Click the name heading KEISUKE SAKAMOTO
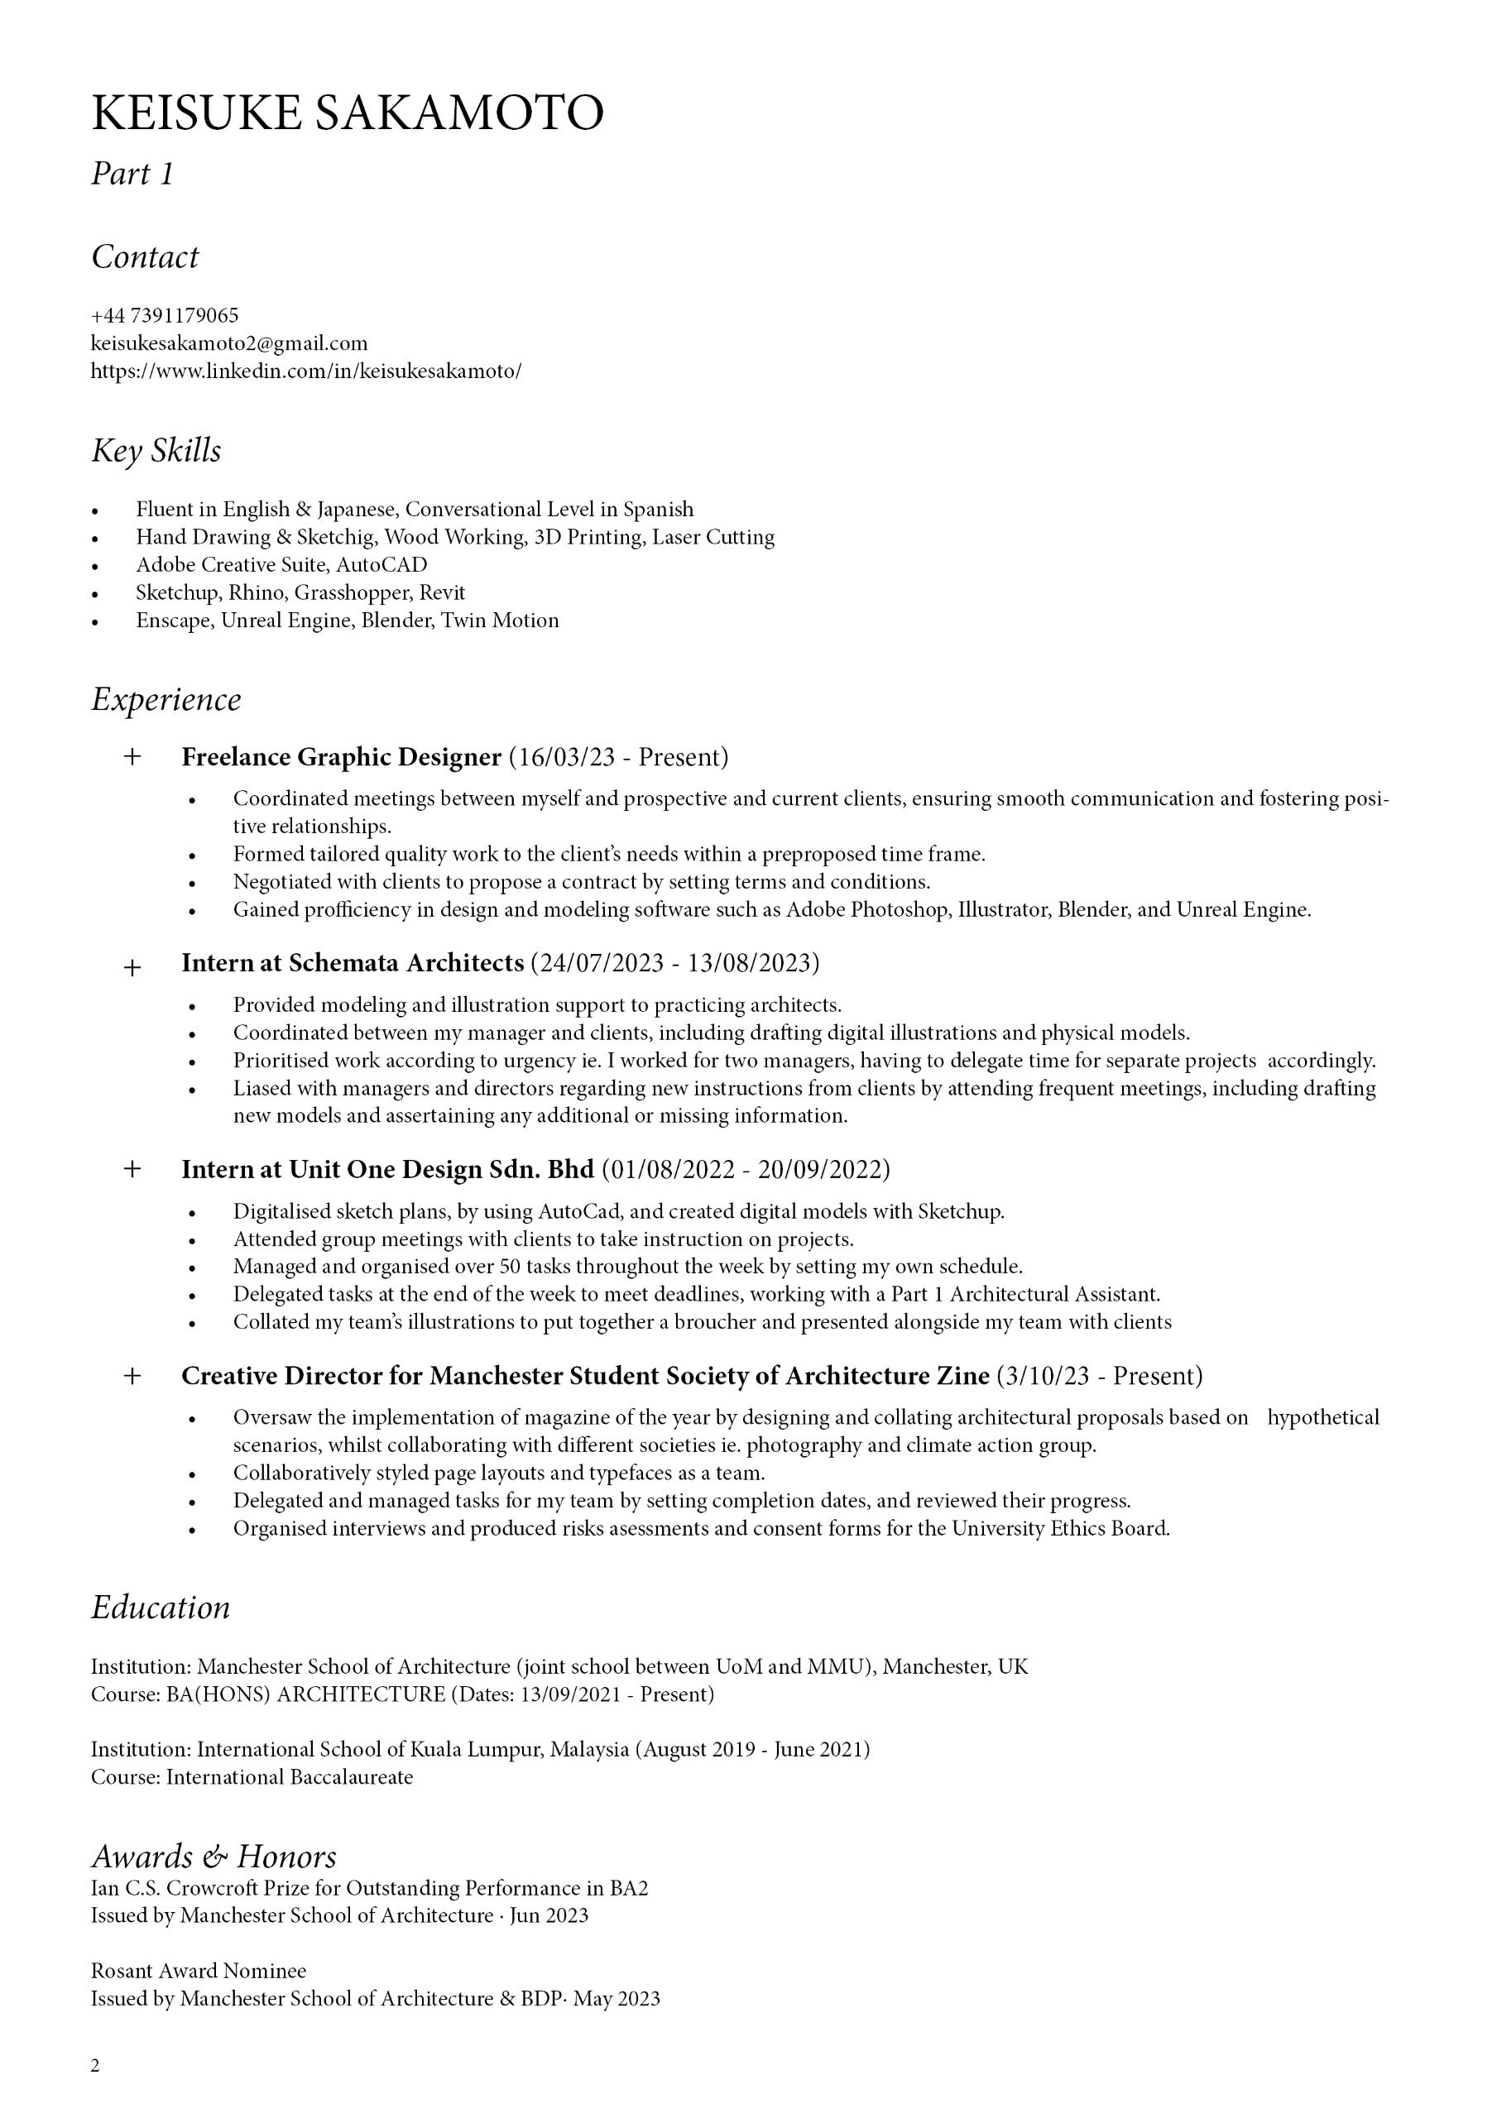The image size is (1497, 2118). [347, 113]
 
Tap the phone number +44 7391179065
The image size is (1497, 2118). [165, 315]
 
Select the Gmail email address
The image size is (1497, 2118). [229, 343]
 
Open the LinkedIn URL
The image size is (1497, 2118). [305, 371]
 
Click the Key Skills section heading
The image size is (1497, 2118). [156, 451]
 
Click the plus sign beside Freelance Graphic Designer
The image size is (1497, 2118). [132, 757]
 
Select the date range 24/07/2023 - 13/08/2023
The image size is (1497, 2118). [674, 963]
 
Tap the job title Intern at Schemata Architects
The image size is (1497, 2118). [353, 963]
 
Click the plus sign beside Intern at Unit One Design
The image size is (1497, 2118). [132, 1170]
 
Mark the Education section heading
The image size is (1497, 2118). [161, 1607]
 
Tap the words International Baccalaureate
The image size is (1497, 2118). [289, 1776]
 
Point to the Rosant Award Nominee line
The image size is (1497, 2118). [199, 1971]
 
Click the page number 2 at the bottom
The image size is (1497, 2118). [95, 2065]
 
